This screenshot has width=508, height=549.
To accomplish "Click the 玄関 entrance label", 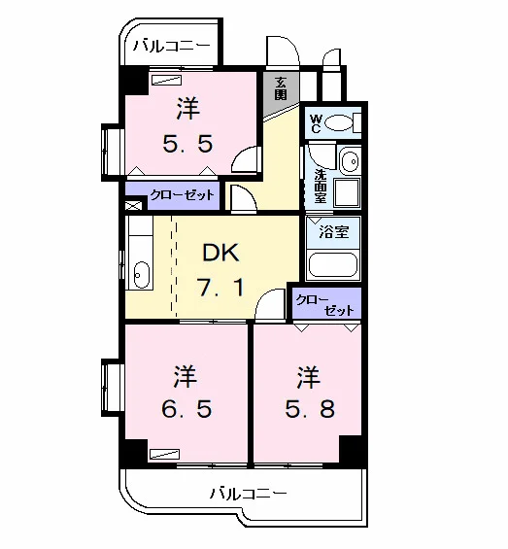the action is (x=281, y=88).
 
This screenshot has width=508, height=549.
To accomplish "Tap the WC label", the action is (x=315, y=123).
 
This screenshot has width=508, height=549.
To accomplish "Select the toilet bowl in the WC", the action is (x=339, y=122).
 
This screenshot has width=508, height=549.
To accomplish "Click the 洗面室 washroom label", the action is (x=321, y=186).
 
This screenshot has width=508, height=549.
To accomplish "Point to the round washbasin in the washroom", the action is (x=350, y=161).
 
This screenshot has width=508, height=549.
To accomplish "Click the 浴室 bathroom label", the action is (x=334, y=231).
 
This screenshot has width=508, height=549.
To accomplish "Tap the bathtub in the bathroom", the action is (x=332, y=265).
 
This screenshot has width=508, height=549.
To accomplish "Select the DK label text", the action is (x=220, y=252).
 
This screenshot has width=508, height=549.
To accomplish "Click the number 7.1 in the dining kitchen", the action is (x=220, y=287).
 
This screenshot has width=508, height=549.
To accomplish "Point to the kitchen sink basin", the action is (x=142, y=275).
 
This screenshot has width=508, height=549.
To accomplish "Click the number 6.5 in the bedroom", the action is (x=186, y=408).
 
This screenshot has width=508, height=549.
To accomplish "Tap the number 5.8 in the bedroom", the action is (x=310, y=408).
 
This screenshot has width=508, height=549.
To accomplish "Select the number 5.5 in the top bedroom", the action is (x=187, y=143).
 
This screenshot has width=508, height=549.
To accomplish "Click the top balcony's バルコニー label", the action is (x=172, y=46).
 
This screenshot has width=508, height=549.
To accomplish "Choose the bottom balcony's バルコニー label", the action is (x=249, y=494).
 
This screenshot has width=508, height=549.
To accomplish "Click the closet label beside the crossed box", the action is (x=182, y=195).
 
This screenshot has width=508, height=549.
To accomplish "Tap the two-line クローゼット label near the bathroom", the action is (x=325, y=305).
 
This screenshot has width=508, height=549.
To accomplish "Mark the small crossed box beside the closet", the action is (x=134, y=206).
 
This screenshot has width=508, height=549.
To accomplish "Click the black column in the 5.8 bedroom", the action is (x=352, y=450).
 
